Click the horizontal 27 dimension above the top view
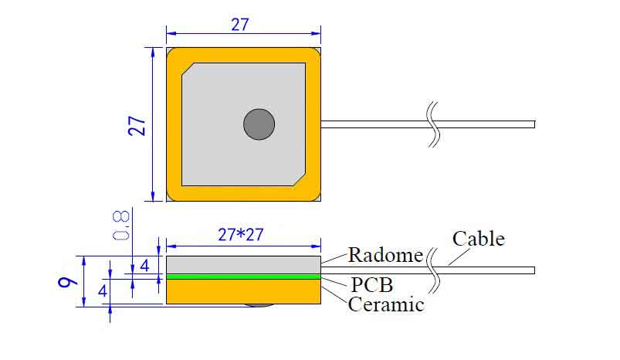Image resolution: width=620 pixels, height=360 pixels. pos(240,25)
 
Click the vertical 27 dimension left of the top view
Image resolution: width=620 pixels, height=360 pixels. pos(137,126)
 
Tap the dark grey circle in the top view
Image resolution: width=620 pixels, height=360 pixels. pos(259,124)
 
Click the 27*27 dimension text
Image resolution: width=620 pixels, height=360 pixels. pos(240,235)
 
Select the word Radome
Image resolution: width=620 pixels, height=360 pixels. pos(385,255)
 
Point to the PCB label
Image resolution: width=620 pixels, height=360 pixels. pos(372,284)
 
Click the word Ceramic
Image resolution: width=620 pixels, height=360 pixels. pos(386,304)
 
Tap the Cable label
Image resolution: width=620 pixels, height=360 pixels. pos(479,239)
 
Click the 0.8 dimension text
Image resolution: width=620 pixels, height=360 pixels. pos(121,225)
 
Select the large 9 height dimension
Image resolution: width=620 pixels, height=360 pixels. pos(68,282)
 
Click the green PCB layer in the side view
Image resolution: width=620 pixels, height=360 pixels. pos(243,277)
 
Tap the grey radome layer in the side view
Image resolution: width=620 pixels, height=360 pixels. pos(243,265)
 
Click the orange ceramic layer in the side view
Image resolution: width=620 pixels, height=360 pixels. pos(243,291)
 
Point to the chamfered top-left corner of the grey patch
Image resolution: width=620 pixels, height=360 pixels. pos(188,69)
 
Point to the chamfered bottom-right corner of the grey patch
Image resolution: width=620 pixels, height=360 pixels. pos(300,179)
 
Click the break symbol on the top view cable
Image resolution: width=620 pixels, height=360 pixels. pos(434,124)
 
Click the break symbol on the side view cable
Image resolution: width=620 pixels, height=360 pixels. pos(434,270)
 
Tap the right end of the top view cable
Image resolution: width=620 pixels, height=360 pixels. pos(534,124)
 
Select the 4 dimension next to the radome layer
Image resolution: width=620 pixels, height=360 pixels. pos(144,266)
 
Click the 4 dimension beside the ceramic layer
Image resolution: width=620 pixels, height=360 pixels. pos(103,291)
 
